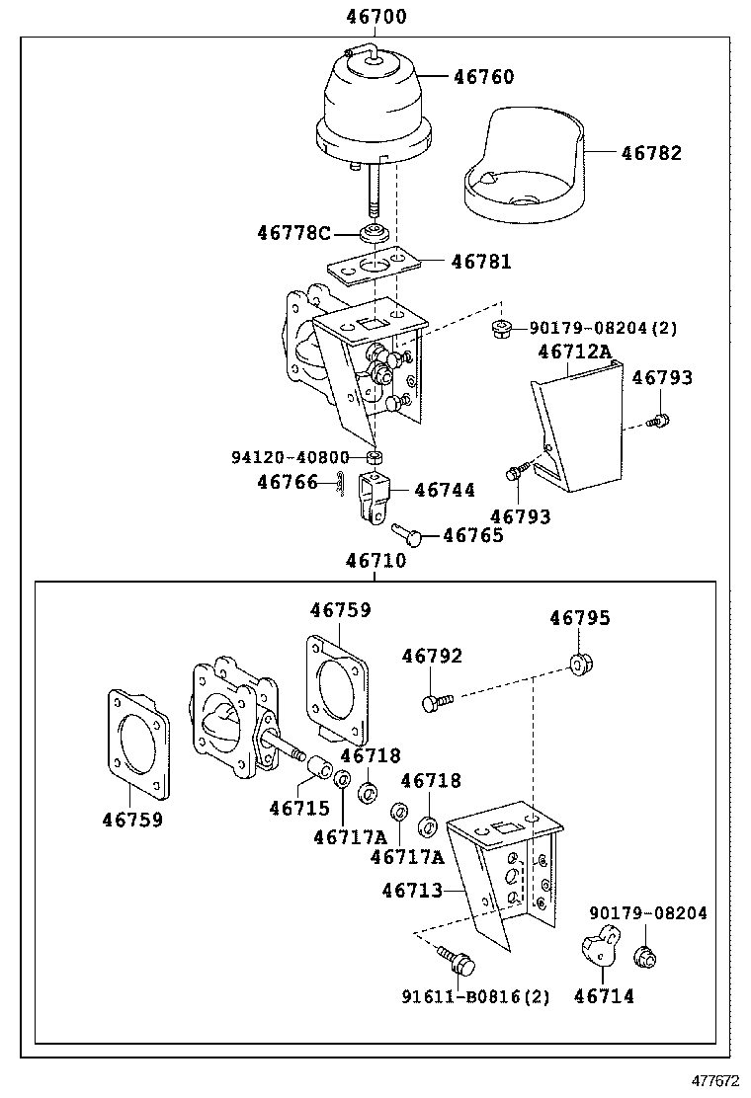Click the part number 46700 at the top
click(x=375, y=17)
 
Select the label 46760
click(x=483, y=77)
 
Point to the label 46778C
click(x=293, y=233)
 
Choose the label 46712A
click(x=575, y=352)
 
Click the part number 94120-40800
click(x=291, y=458)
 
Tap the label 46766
click(x=288, y=482)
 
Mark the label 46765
click(x=472, y=535)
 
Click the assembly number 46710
click(x=375, y=561)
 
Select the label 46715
click(x=299, y=808)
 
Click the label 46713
click(x=412, y=891)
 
